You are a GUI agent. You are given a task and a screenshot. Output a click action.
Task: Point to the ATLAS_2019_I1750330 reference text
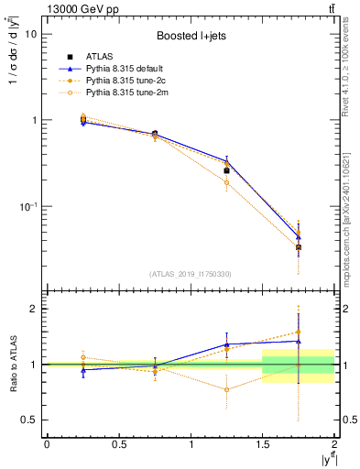(x=191, y=273)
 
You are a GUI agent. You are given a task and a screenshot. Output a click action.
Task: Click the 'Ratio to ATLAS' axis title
(x=13, y=365)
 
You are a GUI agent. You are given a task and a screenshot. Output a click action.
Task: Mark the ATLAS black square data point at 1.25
(x=227, y=170)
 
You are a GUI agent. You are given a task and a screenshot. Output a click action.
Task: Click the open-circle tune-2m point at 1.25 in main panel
(x=227, y=182)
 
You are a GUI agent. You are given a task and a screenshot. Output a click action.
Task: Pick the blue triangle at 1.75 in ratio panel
(x=299, y=341)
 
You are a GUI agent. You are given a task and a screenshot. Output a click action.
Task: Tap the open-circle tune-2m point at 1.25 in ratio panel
(x=227, y=389)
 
